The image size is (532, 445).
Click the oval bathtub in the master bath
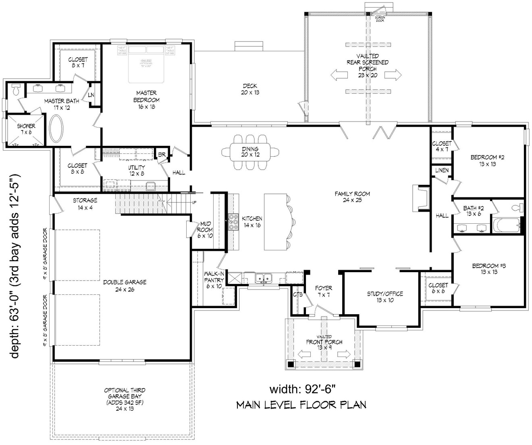point(56,129)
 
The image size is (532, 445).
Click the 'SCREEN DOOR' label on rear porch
point(380,19)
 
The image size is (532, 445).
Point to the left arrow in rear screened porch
point(339,75)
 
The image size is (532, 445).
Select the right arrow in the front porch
point(343,354)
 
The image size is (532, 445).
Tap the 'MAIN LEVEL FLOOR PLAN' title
point(301,404)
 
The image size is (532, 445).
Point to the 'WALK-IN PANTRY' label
point(214,280)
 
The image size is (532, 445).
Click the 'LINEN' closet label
point(442,170)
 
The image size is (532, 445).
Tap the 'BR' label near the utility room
point(162,154)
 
